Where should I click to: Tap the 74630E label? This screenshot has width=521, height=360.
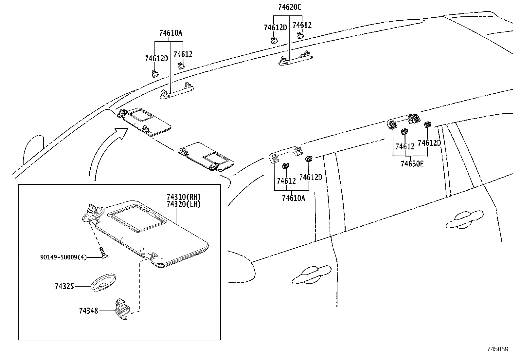point(412,163)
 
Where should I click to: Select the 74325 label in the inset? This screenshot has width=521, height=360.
point(64,286)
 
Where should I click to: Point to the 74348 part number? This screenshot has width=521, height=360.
point(88,311)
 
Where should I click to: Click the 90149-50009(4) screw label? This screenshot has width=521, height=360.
point(63,257)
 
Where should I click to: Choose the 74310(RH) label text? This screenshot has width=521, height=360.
point(183,197)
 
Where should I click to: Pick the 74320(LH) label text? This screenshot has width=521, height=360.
point(183,204)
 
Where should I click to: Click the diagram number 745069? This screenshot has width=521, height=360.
point(497,349)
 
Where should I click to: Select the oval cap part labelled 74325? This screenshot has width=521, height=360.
point(103,281)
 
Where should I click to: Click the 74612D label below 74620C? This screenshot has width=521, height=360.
point(275,28)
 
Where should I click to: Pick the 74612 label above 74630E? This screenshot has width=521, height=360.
point(405,146)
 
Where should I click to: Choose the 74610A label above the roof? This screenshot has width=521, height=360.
point(171,33)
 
